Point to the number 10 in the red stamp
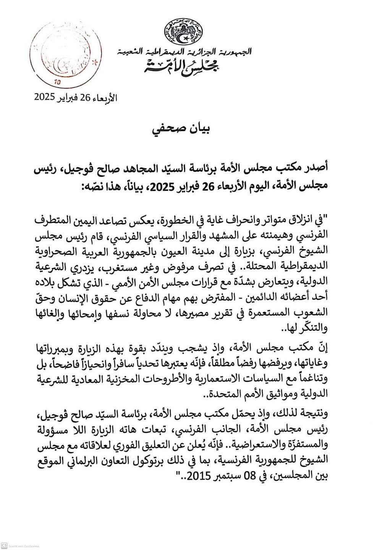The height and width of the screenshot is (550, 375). [58, 82]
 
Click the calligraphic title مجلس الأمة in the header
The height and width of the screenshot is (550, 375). [183, 66]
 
